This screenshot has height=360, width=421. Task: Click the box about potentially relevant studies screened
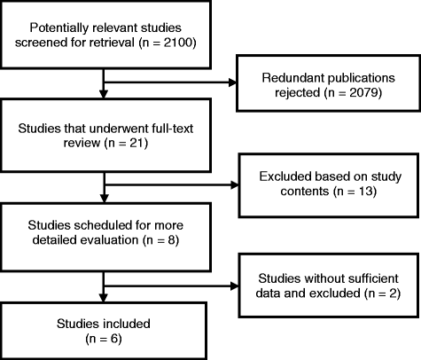(105, 35)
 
